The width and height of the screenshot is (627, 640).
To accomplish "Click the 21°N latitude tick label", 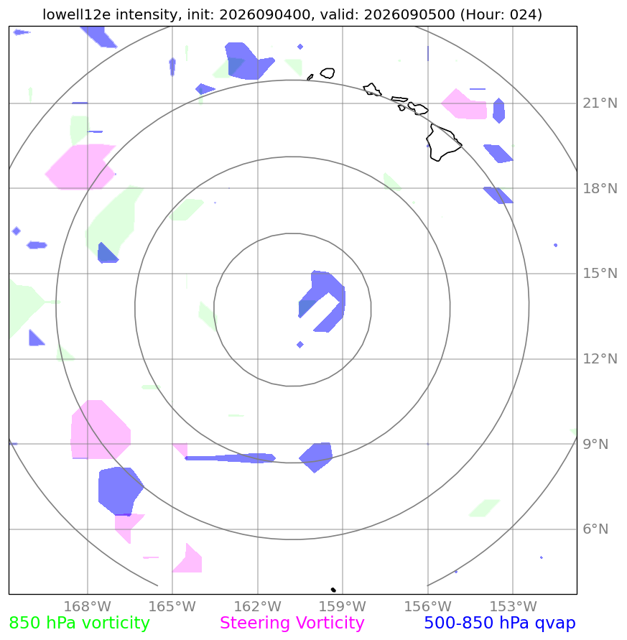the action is click(600, 103).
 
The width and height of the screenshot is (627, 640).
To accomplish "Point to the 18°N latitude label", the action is click(600, 189).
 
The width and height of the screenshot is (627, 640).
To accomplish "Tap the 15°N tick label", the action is click(600, 274).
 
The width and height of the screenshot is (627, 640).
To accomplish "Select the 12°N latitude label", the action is click(600, 359).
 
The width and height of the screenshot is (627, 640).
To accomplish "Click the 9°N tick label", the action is click(595, 444).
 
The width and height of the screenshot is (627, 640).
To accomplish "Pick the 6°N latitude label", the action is click(595, 529).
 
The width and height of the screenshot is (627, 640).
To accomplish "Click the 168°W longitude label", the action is click(88, 606).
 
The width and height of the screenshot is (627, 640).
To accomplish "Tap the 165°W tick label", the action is click(172, 606).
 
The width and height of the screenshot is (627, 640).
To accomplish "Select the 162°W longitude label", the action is click(258, 606).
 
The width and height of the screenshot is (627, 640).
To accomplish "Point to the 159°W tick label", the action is click(343, 606).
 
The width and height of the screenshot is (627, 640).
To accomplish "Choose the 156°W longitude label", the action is click(428, 606).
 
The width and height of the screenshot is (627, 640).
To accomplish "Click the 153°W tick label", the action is click(513, 606).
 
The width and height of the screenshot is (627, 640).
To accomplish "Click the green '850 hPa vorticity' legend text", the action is click(79, 623).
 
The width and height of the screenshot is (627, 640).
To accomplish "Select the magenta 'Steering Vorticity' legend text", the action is click(292, 623).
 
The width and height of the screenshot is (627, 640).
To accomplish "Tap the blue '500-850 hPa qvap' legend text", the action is click(500, 623).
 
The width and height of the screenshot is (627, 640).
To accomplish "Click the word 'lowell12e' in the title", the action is click(77, 14).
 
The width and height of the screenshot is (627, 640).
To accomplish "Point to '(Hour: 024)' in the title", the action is click(501, 14).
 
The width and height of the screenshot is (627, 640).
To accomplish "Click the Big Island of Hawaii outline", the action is click(445, 142).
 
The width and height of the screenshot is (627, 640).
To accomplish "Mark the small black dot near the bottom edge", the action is click(333, 590).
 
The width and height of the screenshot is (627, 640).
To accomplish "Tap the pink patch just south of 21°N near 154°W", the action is click(465, 104).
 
